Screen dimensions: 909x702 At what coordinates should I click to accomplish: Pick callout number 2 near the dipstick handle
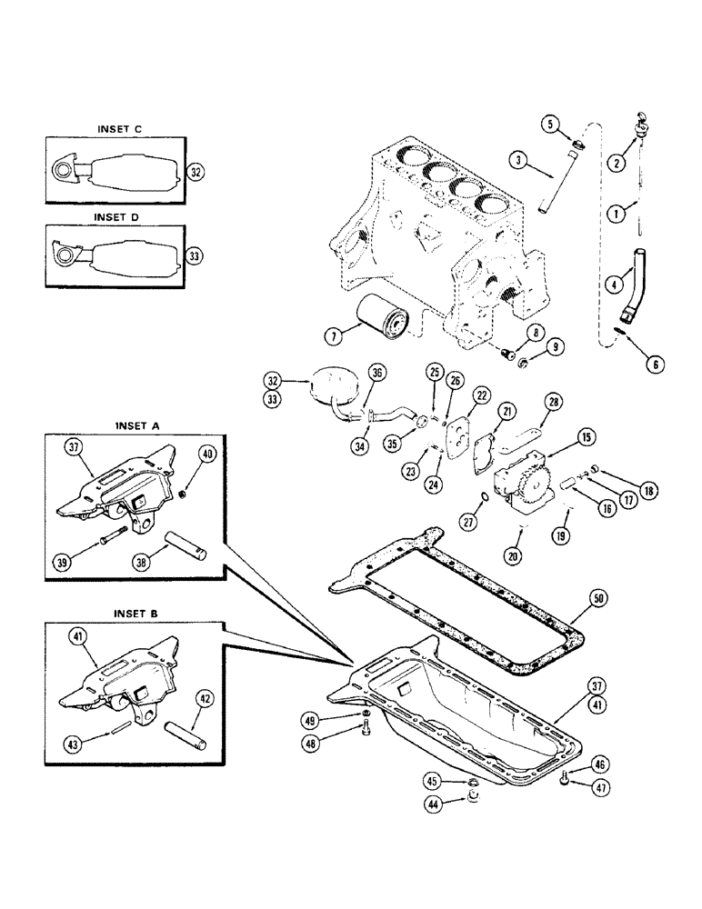pyautogui.click(x=618, y=163)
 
